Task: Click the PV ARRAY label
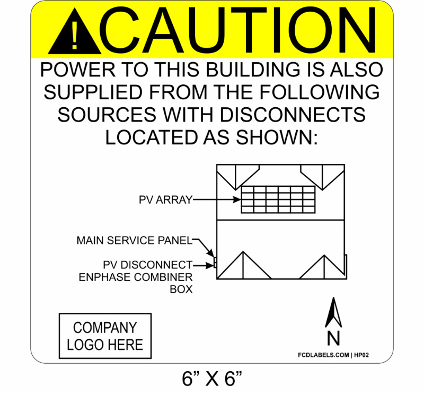165,200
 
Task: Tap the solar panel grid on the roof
279,200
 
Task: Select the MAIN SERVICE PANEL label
133,241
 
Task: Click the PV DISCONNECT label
148,264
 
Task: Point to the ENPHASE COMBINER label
136,277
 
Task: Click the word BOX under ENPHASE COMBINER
181,289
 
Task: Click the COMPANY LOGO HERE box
105,336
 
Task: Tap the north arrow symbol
333,313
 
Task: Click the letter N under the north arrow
333,338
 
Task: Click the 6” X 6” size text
211,379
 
